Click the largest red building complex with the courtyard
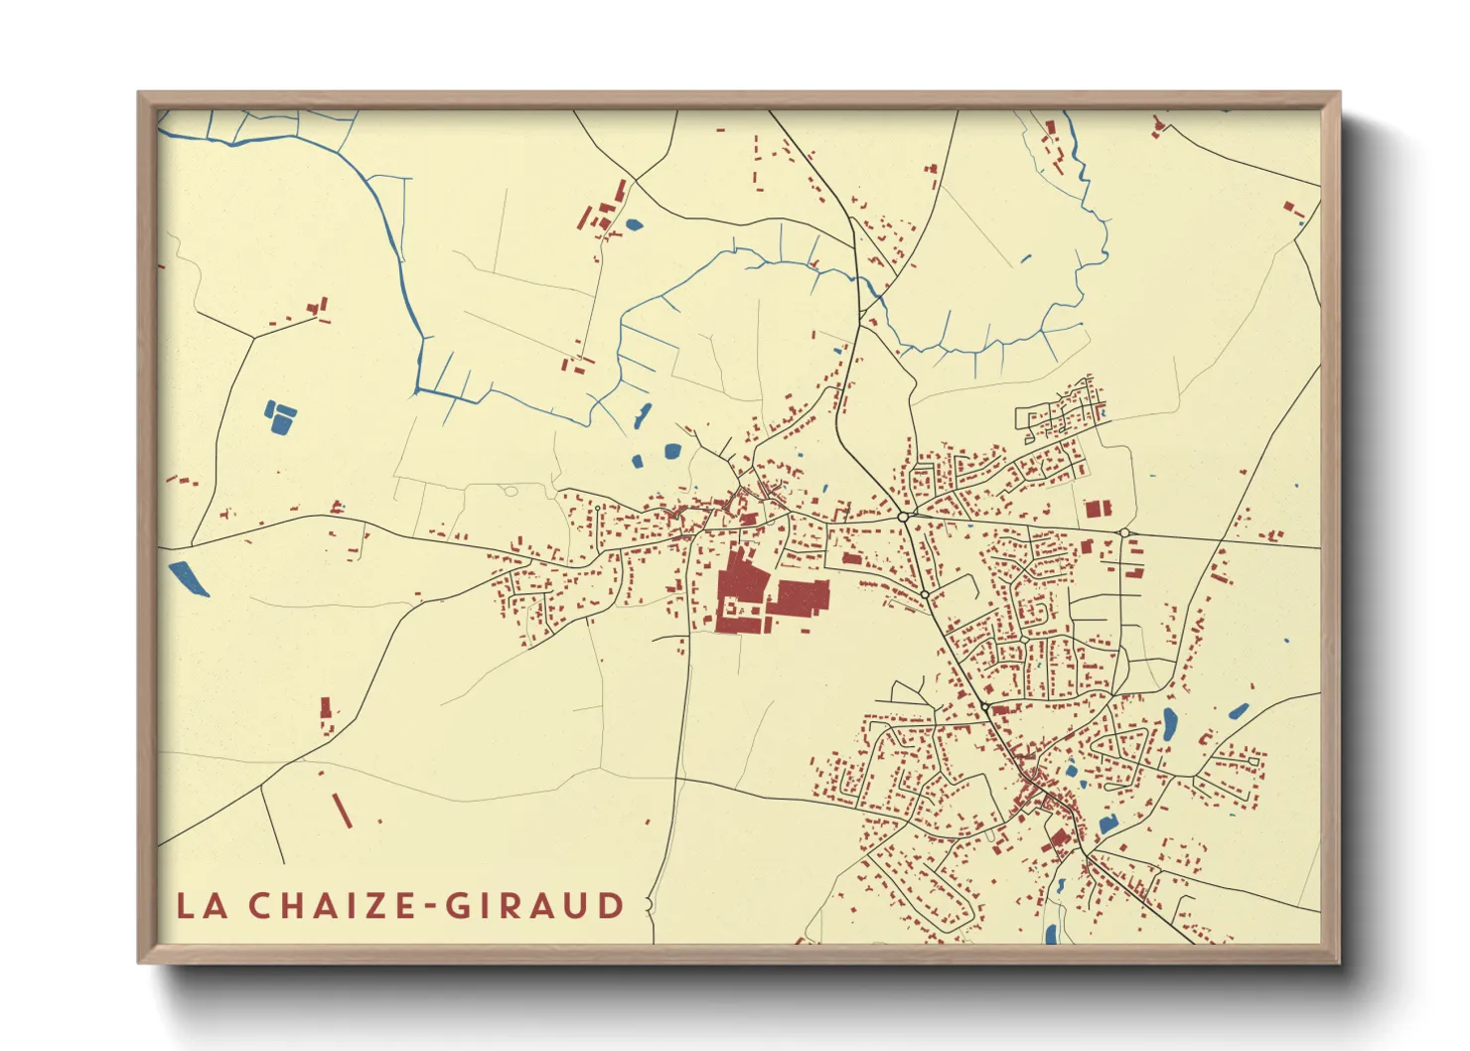tap(740, 591)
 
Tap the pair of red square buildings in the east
tap(1097, 509)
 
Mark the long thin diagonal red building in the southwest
tap(342, 810)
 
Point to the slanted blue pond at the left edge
tap(189, 579)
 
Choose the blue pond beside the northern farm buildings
tap(633, 225)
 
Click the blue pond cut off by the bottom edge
tap(1051, 934)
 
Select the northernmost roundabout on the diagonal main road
tap(903, 517)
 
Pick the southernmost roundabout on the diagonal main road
tap(984, 705)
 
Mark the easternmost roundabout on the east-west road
tap(1123, 533)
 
